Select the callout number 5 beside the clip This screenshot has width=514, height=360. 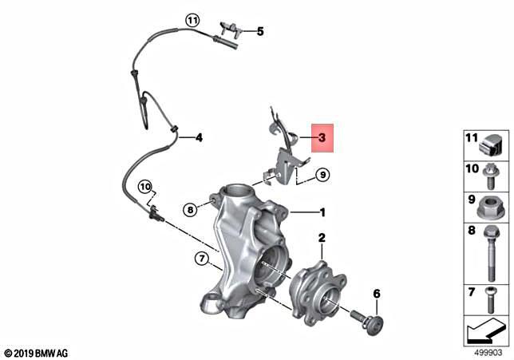pos(260,32)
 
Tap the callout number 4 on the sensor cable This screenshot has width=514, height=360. pos(199,137)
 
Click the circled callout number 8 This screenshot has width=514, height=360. pos(190,210)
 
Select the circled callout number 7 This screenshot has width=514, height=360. pos(203,257)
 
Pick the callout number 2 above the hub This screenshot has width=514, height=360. pos(322,238)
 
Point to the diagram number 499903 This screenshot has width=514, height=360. pos(484,351)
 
